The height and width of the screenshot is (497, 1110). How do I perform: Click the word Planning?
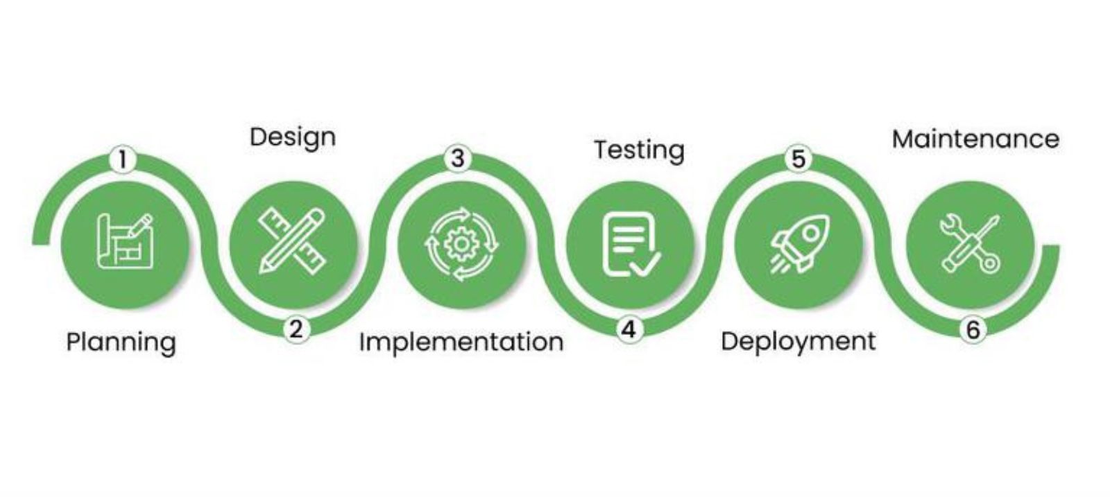click(x=121, y=342)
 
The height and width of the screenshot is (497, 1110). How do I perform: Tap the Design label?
click(x=292, y=137)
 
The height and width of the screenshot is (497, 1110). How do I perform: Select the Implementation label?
click(x=461, y=342)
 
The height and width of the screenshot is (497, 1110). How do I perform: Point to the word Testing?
click(x=638, y=150)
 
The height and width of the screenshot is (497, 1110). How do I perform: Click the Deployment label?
click(x=798, y=342)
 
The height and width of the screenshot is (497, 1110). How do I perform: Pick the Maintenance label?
click(x=975, y=139)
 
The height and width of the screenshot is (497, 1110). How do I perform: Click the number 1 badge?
click(x=123, y=159)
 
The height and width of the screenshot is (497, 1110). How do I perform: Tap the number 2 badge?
click(x=296, y=329)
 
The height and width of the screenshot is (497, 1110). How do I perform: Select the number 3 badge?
click(x=457, y=158)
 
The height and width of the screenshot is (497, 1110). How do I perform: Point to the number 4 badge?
click(x=629, y=329)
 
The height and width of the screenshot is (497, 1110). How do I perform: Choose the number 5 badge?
click(x=798, y=159)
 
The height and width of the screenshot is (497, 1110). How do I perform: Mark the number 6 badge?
click(x=973, y=330)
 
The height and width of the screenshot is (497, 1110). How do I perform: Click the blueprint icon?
click(x=125, y=242)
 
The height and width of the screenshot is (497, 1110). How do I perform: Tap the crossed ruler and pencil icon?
click(x=292, y=242)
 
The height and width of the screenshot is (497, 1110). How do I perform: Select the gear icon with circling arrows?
click(x=461, y=244)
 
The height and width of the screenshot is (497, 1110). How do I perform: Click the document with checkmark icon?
click(x=630, y=245)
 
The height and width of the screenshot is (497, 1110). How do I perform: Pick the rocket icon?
click(x=799, y=243)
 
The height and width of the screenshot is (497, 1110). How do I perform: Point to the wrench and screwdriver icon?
click(x=970, y=243)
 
